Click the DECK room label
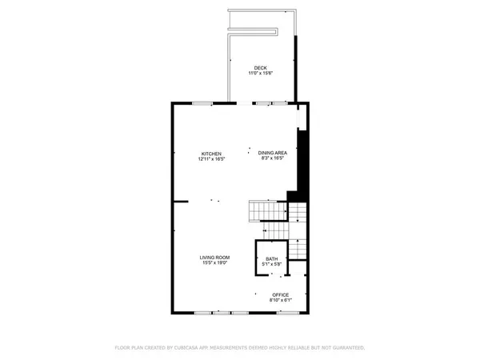pos(261,67)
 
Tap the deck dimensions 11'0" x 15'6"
pos(261,73)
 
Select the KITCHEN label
pos(211,154)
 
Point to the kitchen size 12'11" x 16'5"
pos(211,159)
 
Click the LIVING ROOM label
pos(214,257)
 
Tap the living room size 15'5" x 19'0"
pos(214,262)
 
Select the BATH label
pos(271,258)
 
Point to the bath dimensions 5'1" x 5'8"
pos(271,263)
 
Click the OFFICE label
pos(280,294)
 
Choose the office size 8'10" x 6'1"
pos(280,300)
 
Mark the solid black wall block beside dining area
pos(302,164)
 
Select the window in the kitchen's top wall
pos(202,103)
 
